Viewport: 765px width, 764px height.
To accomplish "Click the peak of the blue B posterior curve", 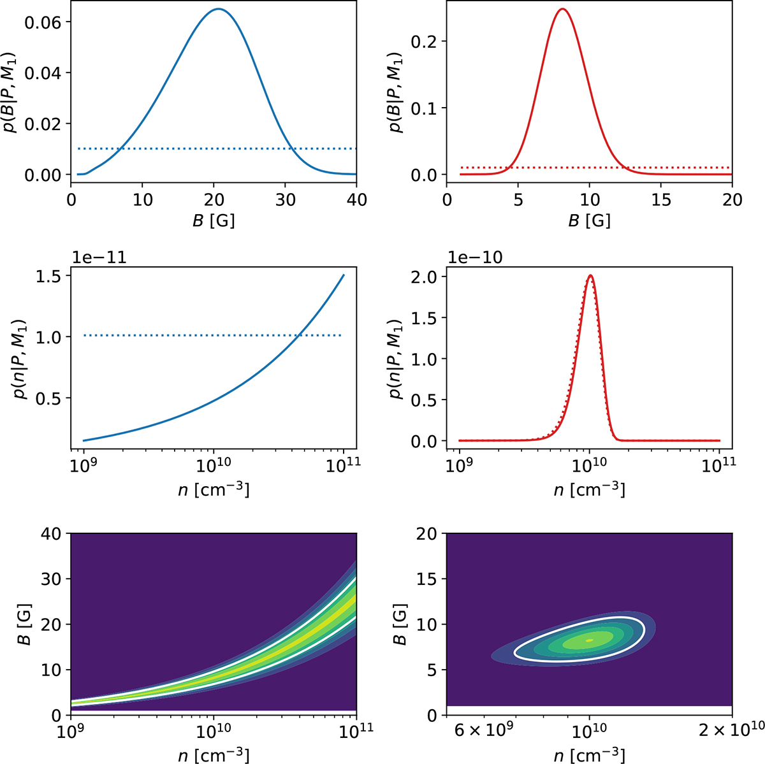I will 219,9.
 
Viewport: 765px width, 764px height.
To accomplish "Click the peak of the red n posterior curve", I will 590,276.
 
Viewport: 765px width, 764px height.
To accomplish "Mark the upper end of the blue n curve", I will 344,275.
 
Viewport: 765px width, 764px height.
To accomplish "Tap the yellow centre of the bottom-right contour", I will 589,640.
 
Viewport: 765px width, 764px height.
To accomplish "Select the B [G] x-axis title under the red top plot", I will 589,220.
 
